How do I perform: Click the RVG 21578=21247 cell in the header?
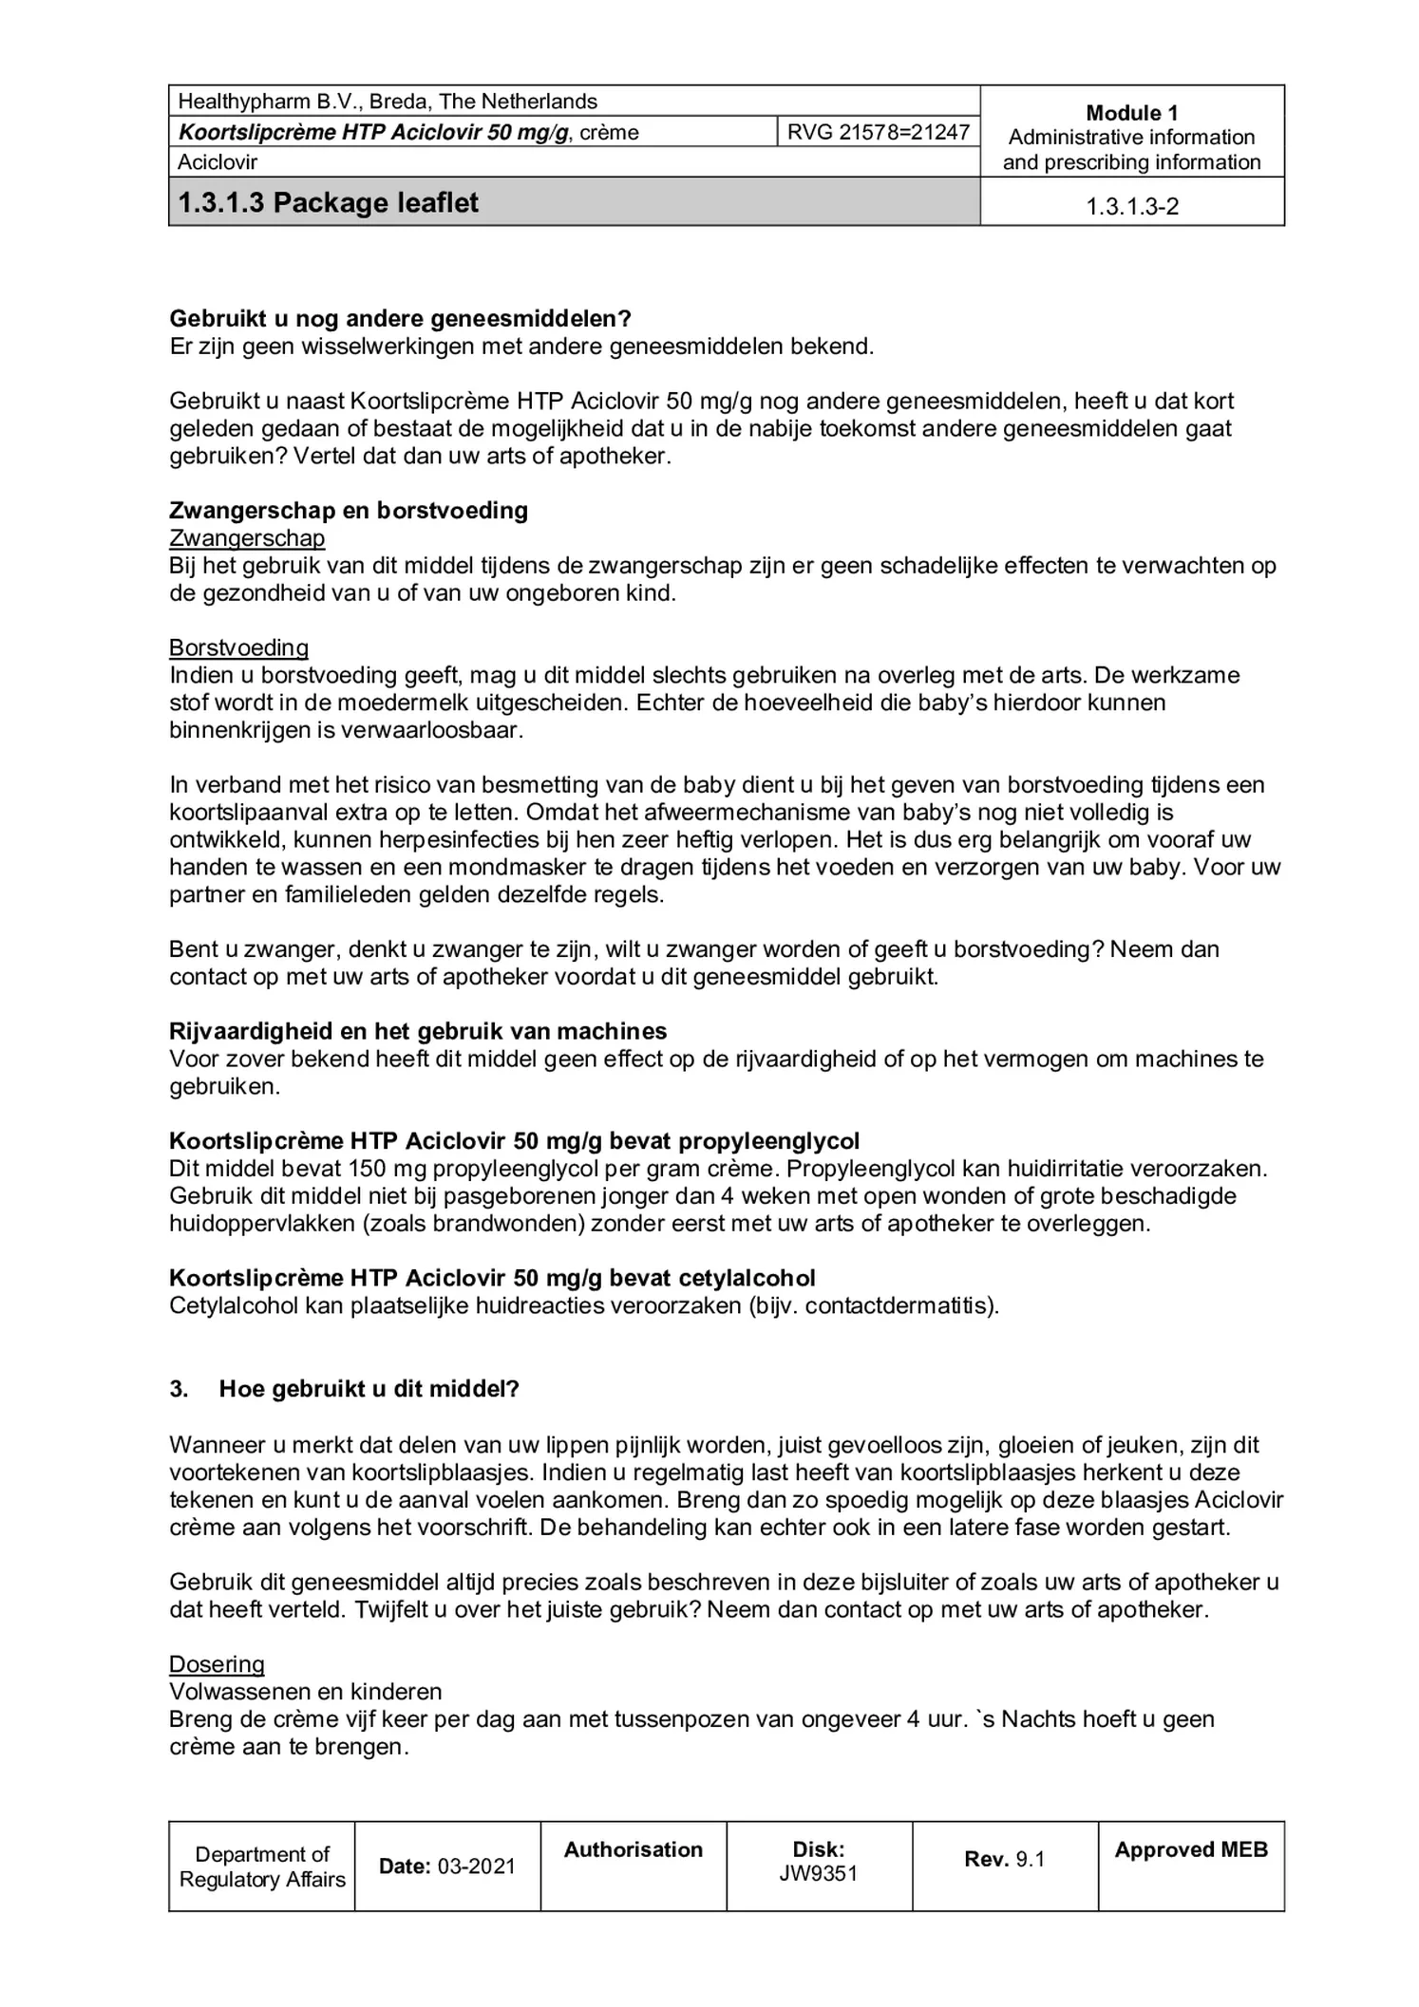(878, 132)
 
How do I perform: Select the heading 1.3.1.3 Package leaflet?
(329, 203)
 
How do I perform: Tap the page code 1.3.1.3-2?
(1132, 206)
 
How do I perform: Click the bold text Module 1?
(1132, 113)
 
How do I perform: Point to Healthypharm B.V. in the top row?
(266, 102)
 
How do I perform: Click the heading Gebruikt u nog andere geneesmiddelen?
(400, 319)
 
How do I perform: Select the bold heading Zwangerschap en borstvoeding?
(349, 511)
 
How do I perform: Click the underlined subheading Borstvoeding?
(238, 647)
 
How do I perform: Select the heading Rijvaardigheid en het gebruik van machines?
(418, 1031)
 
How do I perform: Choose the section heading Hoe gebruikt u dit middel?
(369, 1389)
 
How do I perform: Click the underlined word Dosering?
(217, 1664)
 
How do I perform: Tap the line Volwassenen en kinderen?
(306, 1692)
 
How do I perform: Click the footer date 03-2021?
(476, 1866)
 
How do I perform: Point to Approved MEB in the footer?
(1191, 1849)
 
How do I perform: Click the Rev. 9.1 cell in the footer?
(1004, 1859)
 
